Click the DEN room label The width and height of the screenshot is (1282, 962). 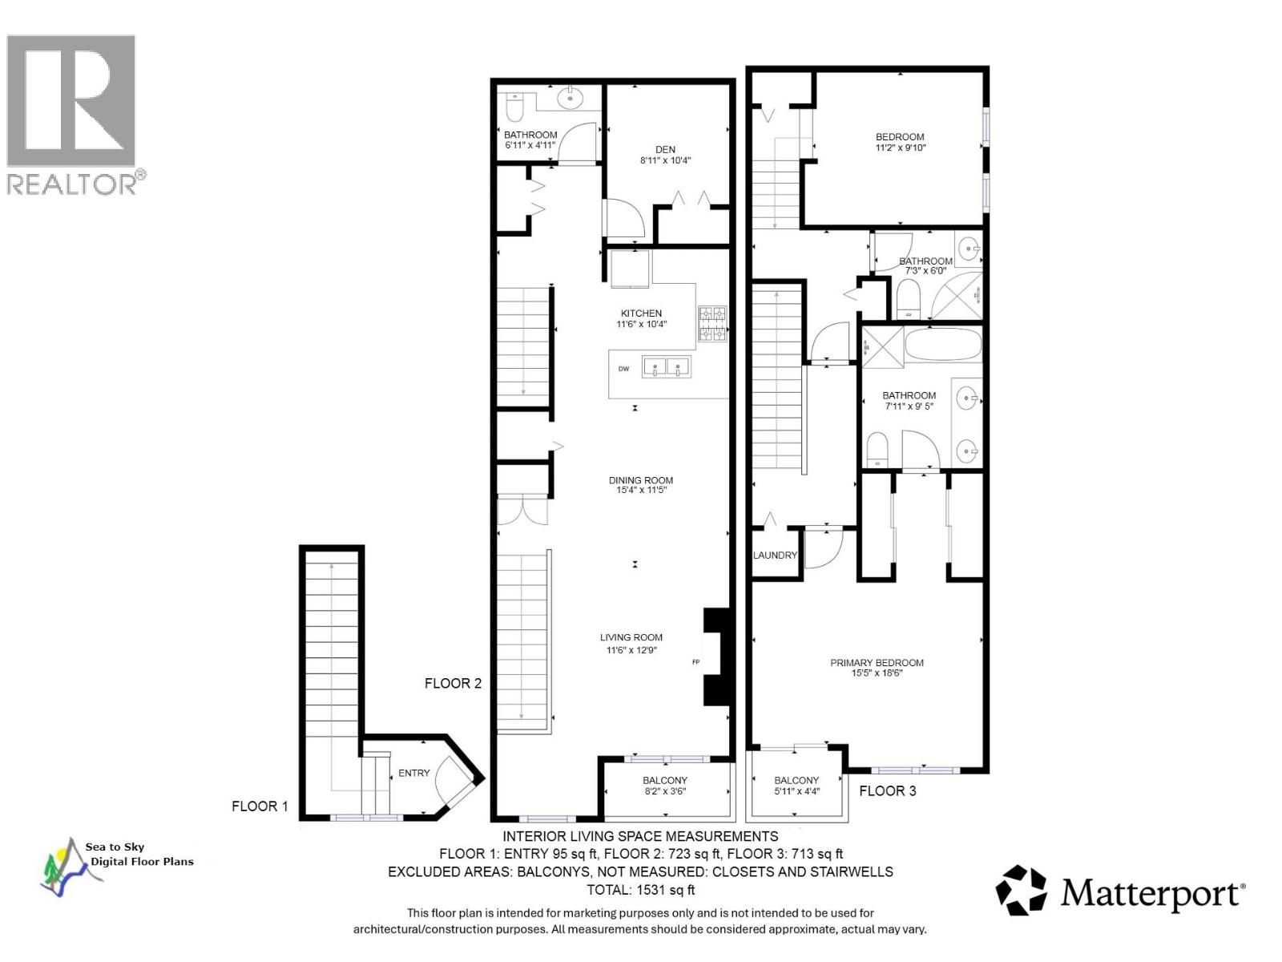pos(665,149)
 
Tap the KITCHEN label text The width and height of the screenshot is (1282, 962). pos(641,313)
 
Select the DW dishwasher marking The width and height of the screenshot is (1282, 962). pos(623,369)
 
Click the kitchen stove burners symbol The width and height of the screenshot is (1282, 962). pos(712,324)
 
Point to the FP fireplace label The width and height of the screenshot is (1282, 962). pos(695,662)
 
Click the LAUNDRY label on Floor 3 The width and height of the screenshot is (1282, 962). pos(775,555)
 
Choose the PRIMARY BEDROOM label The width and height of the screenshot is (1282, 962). pos(877,663)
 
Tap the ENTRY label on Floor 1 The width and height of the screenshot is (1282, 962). pos(414,773)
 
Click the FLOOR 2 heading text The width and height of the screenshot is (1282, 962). pos(453,683)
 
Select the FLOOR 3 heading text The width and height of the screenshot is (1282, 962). pos(887,790)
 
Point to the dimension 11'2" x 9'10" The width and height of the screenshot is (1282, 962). pos(901,148)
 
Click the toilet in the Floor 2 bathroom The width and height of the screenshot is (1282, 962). pos(514,104)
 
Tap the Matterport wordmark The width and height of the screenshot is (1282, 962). pos(1152,892)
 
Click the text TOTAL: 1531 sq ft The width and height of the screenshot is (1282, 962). pos(640,889)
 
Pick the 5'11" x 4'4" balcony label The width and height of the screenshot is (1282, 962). pos(796,791)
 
